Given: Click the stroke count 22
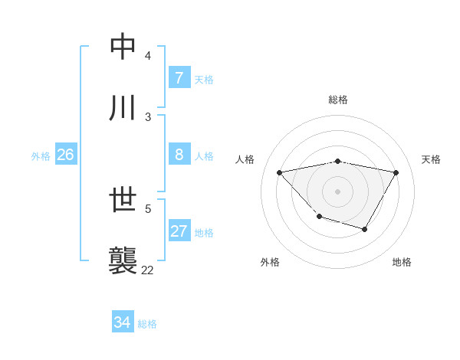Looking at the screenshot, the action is [147, 270].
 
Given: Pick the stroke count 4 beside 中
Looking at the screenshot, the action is [147, 56].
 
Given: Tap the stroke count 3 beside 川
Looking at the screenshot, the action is [147, 116].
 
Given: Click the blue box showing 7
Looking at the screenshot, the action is [179, 78].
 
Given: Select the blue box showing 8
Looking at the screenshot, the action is [179, 155].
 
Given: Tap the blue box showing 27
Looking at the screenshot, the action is [179, 231].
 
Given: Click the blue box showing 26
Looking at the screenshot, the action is [65, 155].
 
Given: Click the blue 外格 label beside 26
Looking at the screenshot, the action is [41, 155].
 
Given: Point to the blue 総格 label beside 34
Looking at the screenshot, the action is [147, 323].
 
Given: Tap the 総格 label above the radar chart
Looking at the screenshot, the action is [337, 100].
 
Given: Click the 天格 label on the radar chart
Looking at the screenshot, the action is [431, 159].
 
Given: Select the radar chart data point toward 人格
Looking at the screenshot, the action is [280, 172].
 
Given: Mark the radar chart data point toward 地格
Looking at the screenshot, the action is [365, 229].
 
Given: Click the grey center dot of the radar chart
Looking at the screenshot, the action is [337, 191].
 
